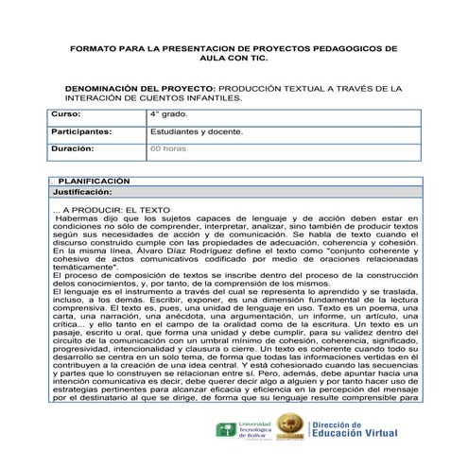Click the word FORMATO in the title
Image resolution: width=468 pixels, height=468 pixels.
[92, 45]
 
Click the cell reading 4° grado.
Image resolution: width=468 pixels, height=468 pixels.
[167, 113]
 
